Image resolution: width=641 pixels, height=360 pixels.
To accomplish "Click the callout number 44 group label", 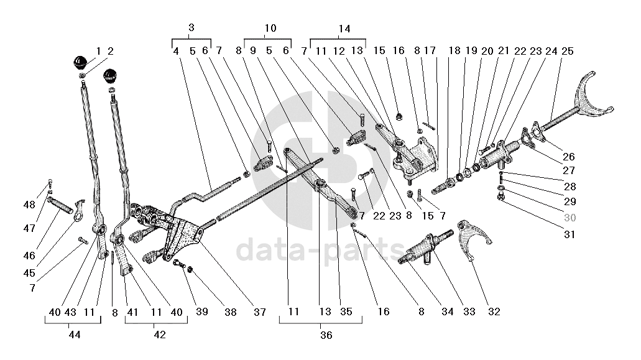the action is tap(75, 335).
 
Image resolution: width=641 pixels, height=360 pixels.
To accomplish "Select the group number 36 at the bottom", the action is tap(326, 336).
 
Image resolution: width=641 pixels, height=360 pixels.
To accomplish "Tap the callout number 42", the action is tap(160, 335).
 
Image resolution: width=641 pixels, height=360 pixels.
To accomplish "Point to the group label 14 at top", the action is tap(344, 29).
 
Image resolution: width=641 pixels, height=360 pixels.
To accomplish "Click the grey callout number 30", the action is tap(570, 218).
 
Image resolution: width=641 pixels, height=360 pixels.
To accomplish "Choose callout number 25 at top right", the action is tap(567, 51).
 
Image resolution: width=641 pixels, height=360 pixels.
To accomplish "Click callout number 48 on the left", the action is tap(30, 205).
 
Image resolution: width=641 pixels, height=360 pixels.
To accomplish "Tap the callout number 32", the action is tap(494, 312).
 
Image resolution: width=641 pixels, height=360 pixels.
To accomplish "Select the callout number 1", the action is tap(98, 51).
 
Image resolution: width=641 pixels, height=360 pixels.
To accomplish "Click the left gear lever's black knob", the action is tap(80, 63).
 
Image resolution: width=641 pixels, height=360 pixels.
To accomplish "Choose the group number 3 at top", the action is tap(191, 28).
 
